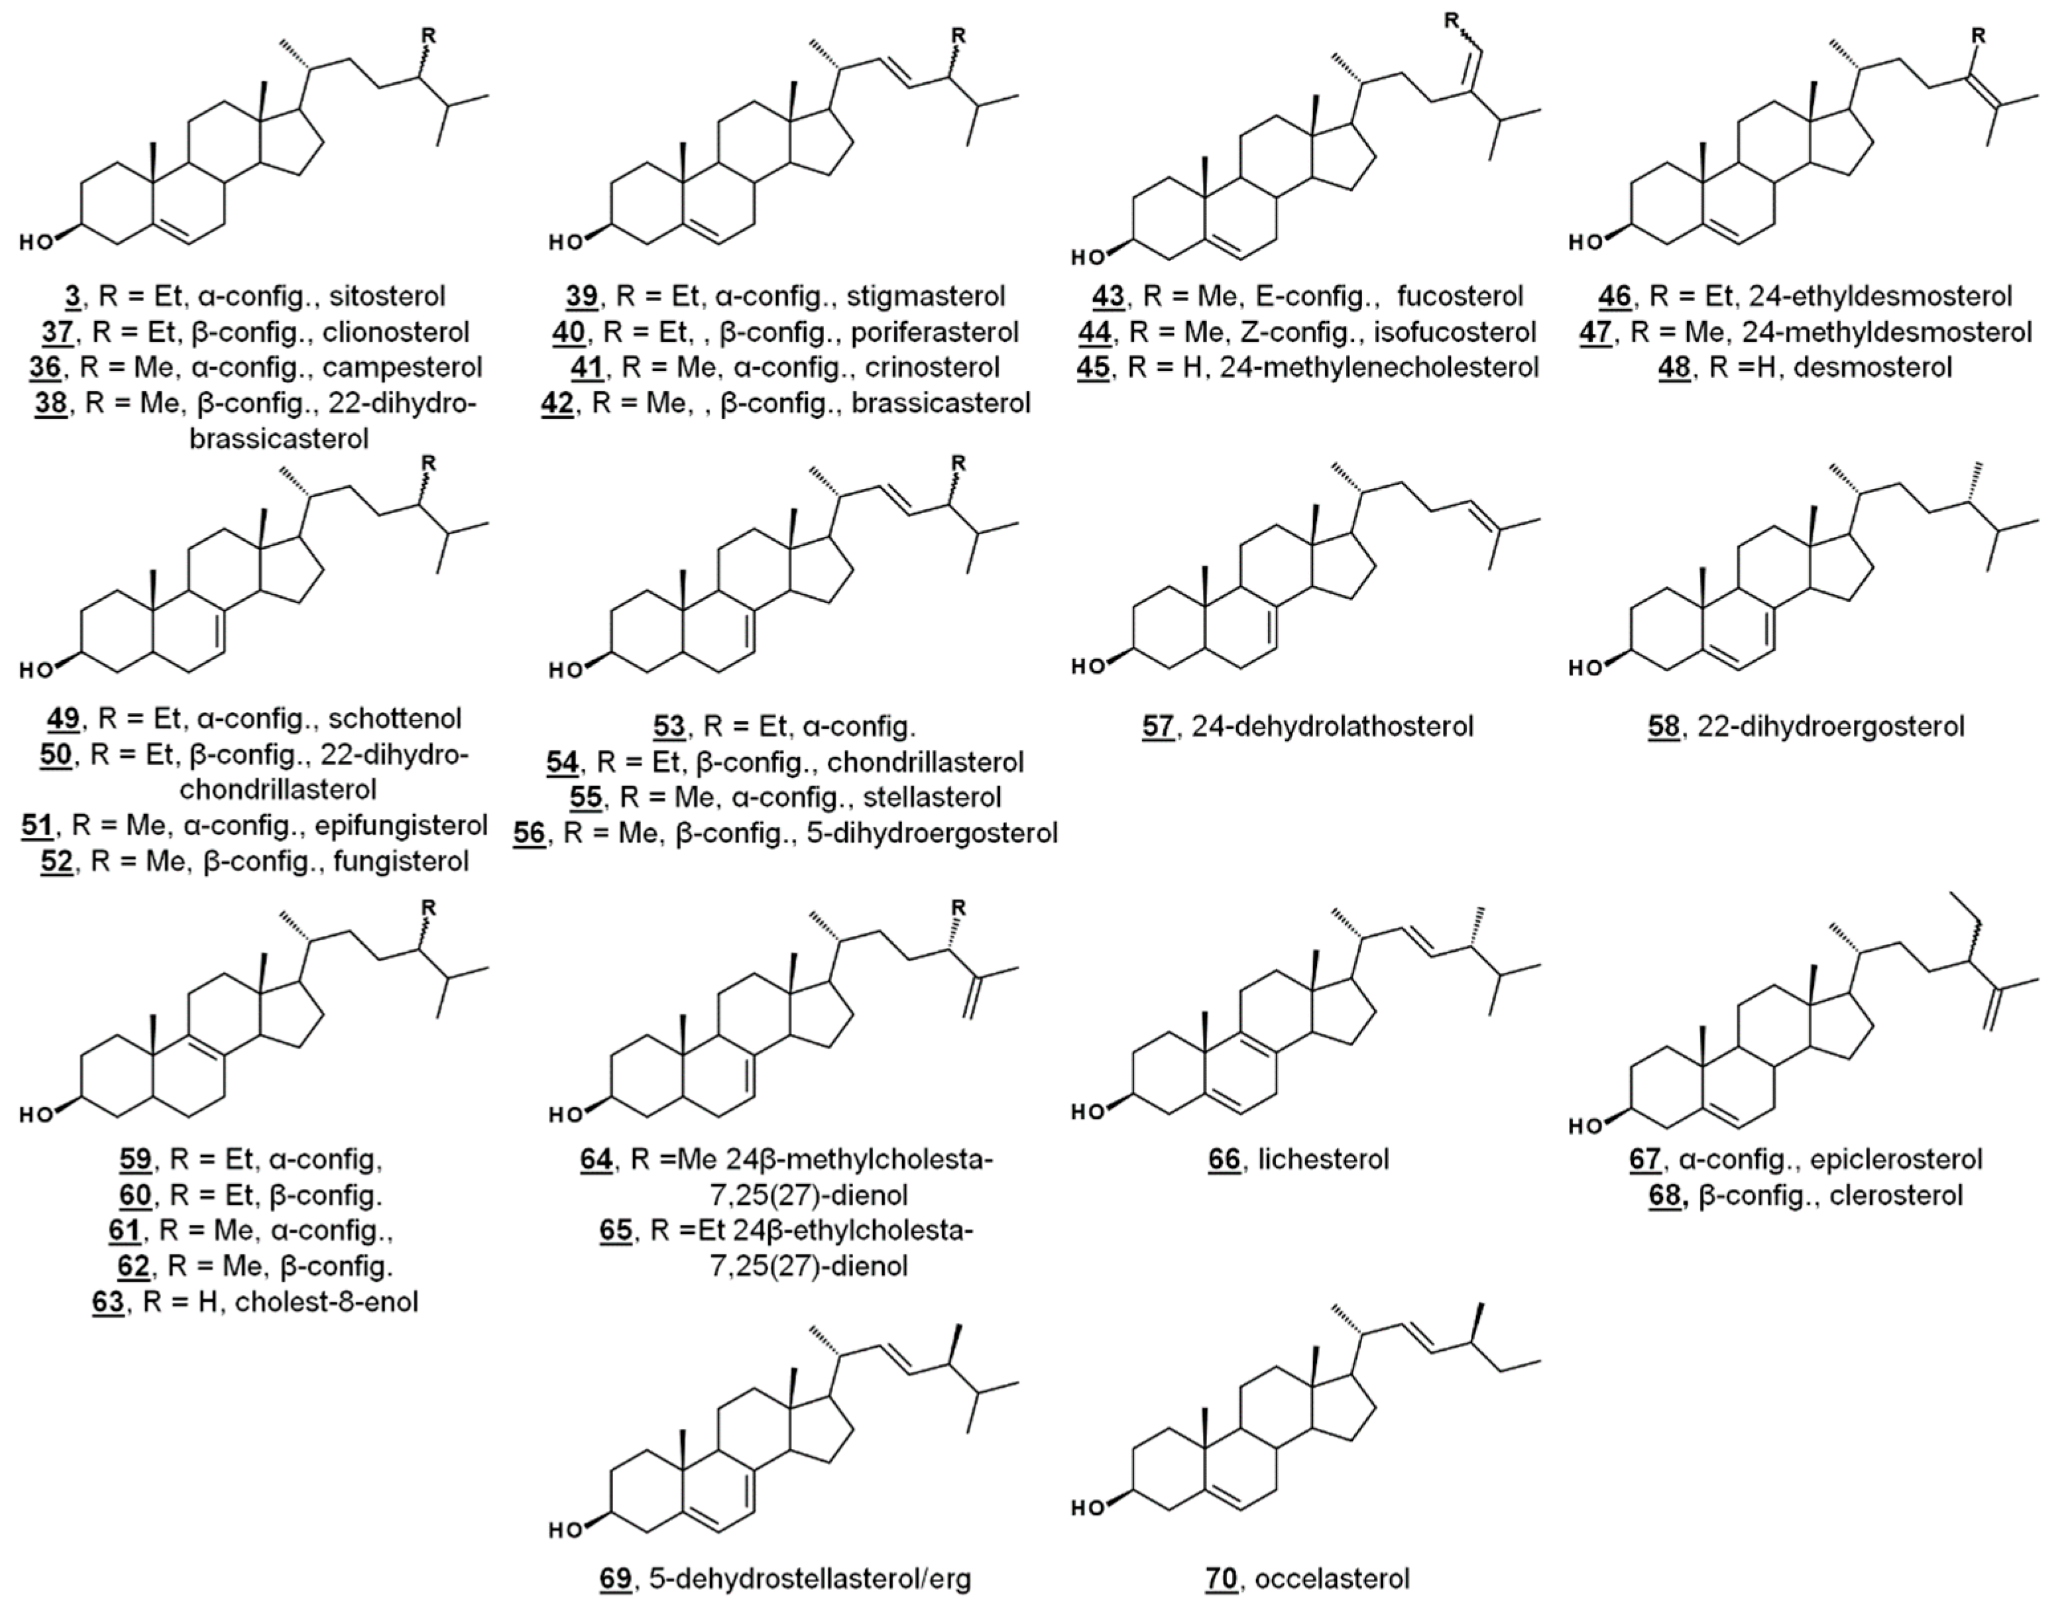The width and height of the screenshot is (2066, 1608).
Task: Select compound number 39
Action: [x=581, y=297]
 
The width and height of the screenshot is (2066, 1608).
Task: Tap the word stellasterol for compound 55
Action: [x=932, y=797]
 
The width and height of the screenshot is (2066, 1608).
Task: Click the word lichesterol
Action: [x=1324, y=1159]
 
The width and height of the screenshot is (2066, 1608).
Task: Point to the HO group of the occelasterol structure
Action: [x=1088, y=1508]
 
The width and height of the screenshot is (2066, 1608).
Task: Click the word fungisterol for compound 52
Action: [x=401, y=862]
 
